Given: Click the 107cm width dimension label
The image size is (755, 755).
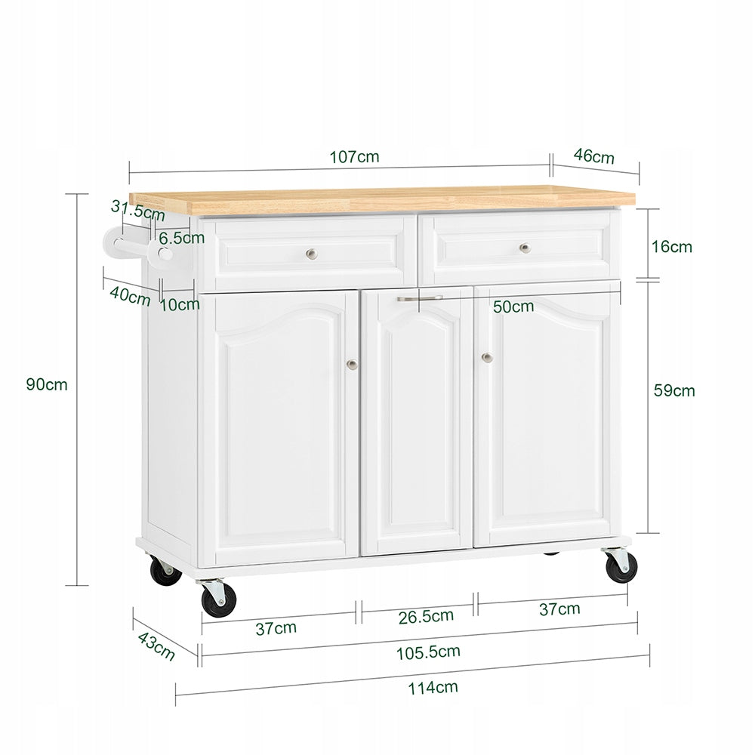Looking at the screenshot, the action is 354,157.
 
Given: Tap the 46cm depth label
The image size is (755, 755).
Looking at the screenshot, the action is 593,156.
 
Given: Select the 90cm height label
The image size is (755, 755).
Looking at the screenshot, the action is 47,385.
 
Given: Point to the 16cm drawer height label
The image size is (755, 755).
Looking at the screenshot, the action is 672,247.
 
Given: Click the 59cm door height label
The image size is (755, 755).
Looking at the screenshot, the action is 674,390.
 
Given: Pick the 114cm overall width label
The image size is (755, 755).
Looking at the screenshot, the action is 433,688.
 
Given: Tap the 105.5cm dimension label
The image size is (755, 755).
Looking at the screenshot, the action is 428,652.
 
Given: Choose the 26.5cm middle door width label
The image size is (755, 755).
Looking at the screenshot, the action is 426,617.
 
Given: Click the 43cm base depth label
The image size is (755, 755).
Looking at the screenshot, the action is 156,646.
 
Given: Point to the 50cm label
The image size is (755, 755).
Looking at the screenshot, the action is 513,307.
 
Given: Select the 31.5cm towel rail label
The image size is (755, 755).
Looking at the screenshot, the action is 137,210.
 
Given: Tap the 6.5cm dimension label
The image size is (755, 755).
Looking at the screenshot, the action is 181,238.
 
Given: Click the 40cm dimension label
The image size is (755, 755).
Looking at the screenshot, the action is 130,296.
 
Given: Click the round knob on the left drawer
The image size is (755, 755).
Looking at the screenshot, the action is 312,254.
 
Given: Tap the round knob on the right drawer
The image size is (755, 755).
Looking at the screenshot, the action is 525,248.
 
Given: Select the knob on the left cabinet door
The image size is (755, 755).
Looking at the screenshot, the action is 352,365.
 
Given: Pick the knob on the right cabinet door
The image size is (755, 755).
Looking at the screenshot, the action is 487,357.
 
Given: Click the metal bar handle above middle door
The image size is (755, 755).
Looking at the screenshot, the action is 420,298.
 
